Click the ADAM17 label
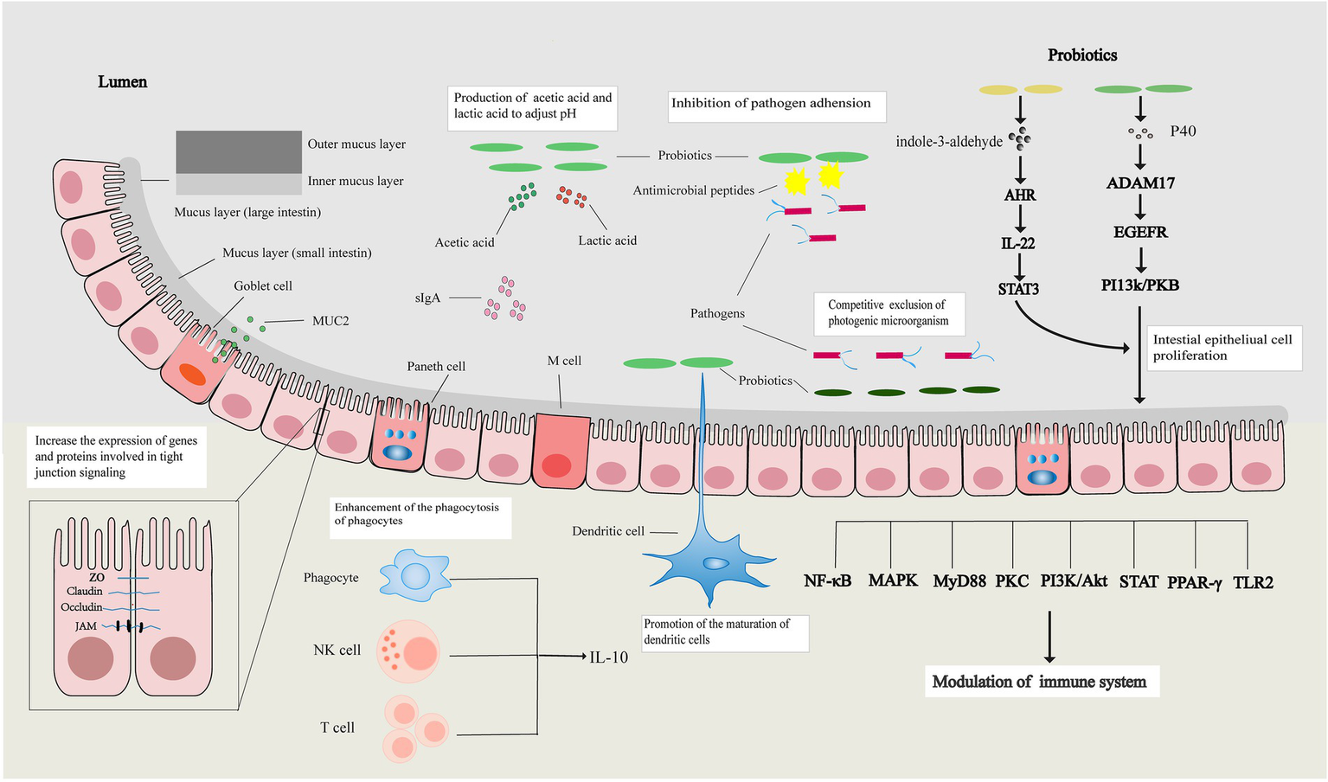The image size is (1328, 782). pos(1140,183)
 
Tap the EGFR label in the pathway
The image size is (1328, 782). pos(1140,232)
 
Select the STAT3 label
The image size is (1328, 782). pos(1018,289)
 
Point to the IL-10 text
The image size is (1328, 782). pos(609,657)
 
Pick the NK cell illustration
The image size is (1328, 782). pos(407,651)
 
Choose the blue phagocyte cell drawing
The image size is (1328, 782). pos(415,575)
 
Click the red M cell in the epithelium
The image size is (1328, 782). pos(561,452)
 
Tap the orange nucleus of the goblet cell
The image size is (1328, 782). pos(192,375)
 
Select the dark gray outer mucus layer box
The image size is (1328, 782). pos(239,151)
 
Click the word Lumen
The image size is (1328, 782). pos(123,81)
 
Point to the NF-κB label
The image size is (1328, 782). pos(828,581)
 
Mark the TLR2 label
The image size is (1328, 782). pos(1254,582)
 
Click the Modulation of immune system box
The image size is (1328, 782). pos(1042,681)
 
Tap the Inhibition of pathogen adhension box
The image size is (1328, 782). pos(777,106)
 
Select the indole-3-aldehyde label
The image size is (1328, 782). pos(948,142)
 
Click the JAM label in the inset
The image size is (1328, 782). pos(86,626)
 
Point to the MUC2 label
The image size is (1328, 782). pos(330,321)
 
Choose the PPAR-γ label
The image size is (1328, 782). pos(1195,583)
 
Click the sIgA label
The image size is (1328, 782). pos(427,298)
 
